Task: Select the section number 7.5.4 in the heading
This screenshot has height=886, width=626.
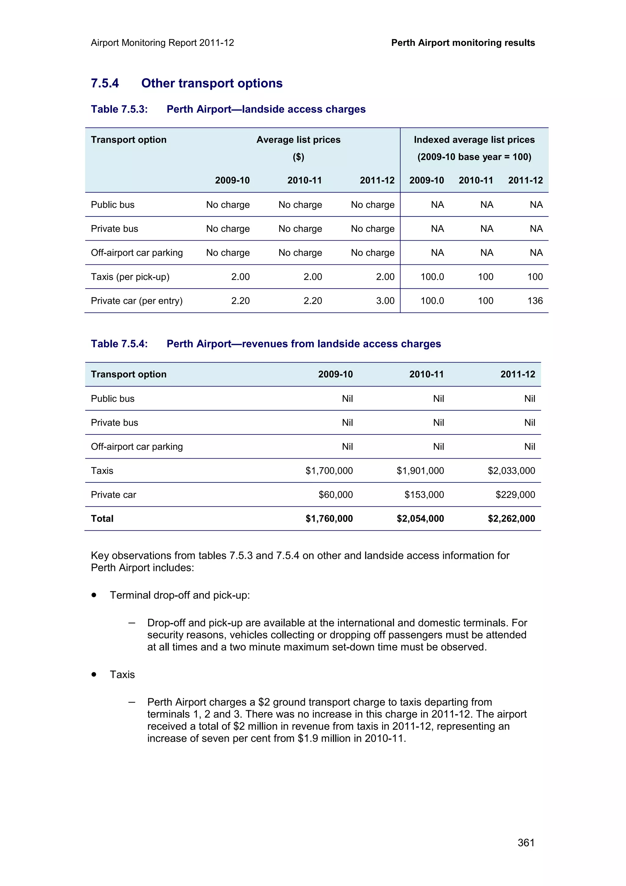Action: pos(105,83)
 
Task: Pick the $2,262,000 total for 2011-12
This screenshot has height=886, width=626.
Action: pos(511,518)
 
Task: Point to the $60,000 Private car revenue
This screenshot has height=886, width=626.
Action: pos(335,494)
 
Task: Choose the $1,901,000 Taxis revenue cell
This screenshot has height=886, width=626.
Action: pos(420,471)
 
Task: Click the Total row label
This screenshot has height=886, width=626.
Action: pos(102,518)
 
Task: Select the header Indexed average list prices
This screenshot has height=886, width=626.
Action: pos(474,140)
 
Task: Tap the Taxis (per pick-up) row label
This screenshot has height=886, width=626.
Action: pos(130,277)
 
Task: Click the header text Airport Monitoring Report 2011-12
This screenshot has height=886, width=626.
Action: pos(162,43)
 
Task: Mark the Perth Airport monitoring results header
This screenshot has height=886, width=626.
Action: pos(463,43)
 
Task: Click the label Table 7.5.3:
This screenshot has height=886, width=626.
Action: pos(119,109)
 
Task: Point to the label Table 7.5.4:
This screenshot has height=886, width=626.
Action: pos(119,344)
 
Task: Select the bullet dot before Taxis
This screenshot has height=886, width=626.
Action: pos(94,674)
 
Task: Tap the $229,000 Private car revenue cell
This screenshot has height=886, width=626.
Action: pos(515,494)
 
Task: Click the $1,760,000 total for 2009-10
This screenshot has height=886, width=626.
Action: pos(329,518)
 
